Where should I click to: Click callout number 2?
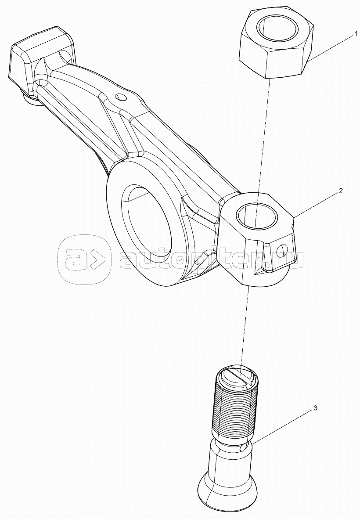(x=341, y=191)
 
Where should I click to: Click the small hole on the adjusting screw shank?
(x=244, y=448)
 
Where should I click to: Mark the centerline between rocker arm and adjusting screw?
(x=245, y=325)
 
